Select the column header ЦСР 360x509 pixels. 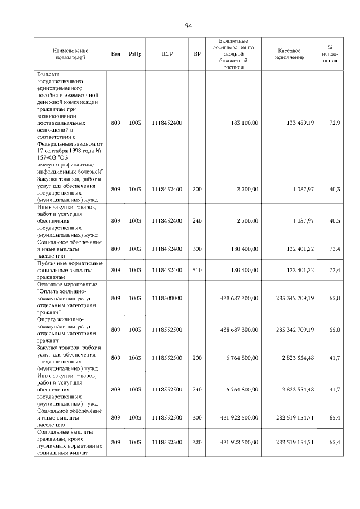pos(166,54)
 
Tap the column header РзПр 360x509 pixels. pos(135,54)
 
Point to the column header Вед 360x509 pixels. pos(116,54)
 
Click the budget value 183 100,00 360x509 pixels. pos(244,123)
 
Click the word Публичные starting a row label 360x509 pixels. pos(52,263)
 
